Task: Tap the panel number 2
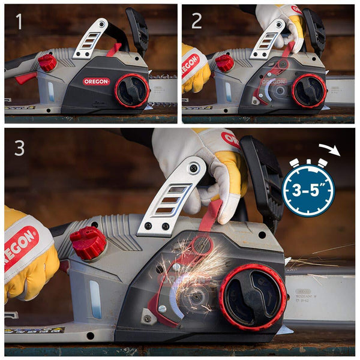point(196,22)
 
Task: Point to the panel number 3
point(20,148)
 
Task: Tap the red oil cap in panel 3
point(88,242)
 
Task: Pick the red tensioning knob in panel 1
point(131,91)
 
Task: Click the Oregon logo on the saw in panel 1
point(96,81)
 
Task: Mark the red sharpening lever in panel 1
point(114,49)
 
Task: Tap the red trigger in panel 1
point(25,78)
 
